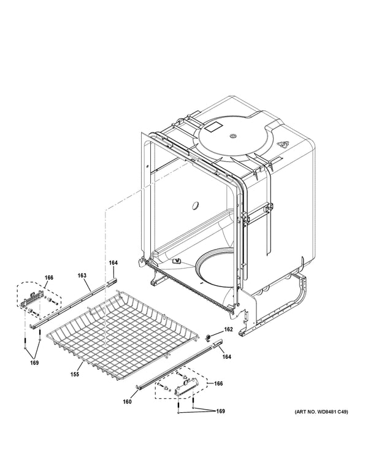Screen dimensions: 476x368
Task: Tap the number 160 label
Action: (127, 402)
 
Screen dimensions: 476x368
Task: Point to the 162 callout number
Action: (228, 329)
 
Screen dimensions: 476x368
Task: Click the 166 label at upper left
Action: (49, 278)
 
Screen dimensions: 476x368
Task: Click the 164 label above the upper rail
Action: (113, 263)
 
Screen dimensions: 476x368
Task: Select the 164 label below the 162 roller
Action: (226, 356)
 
